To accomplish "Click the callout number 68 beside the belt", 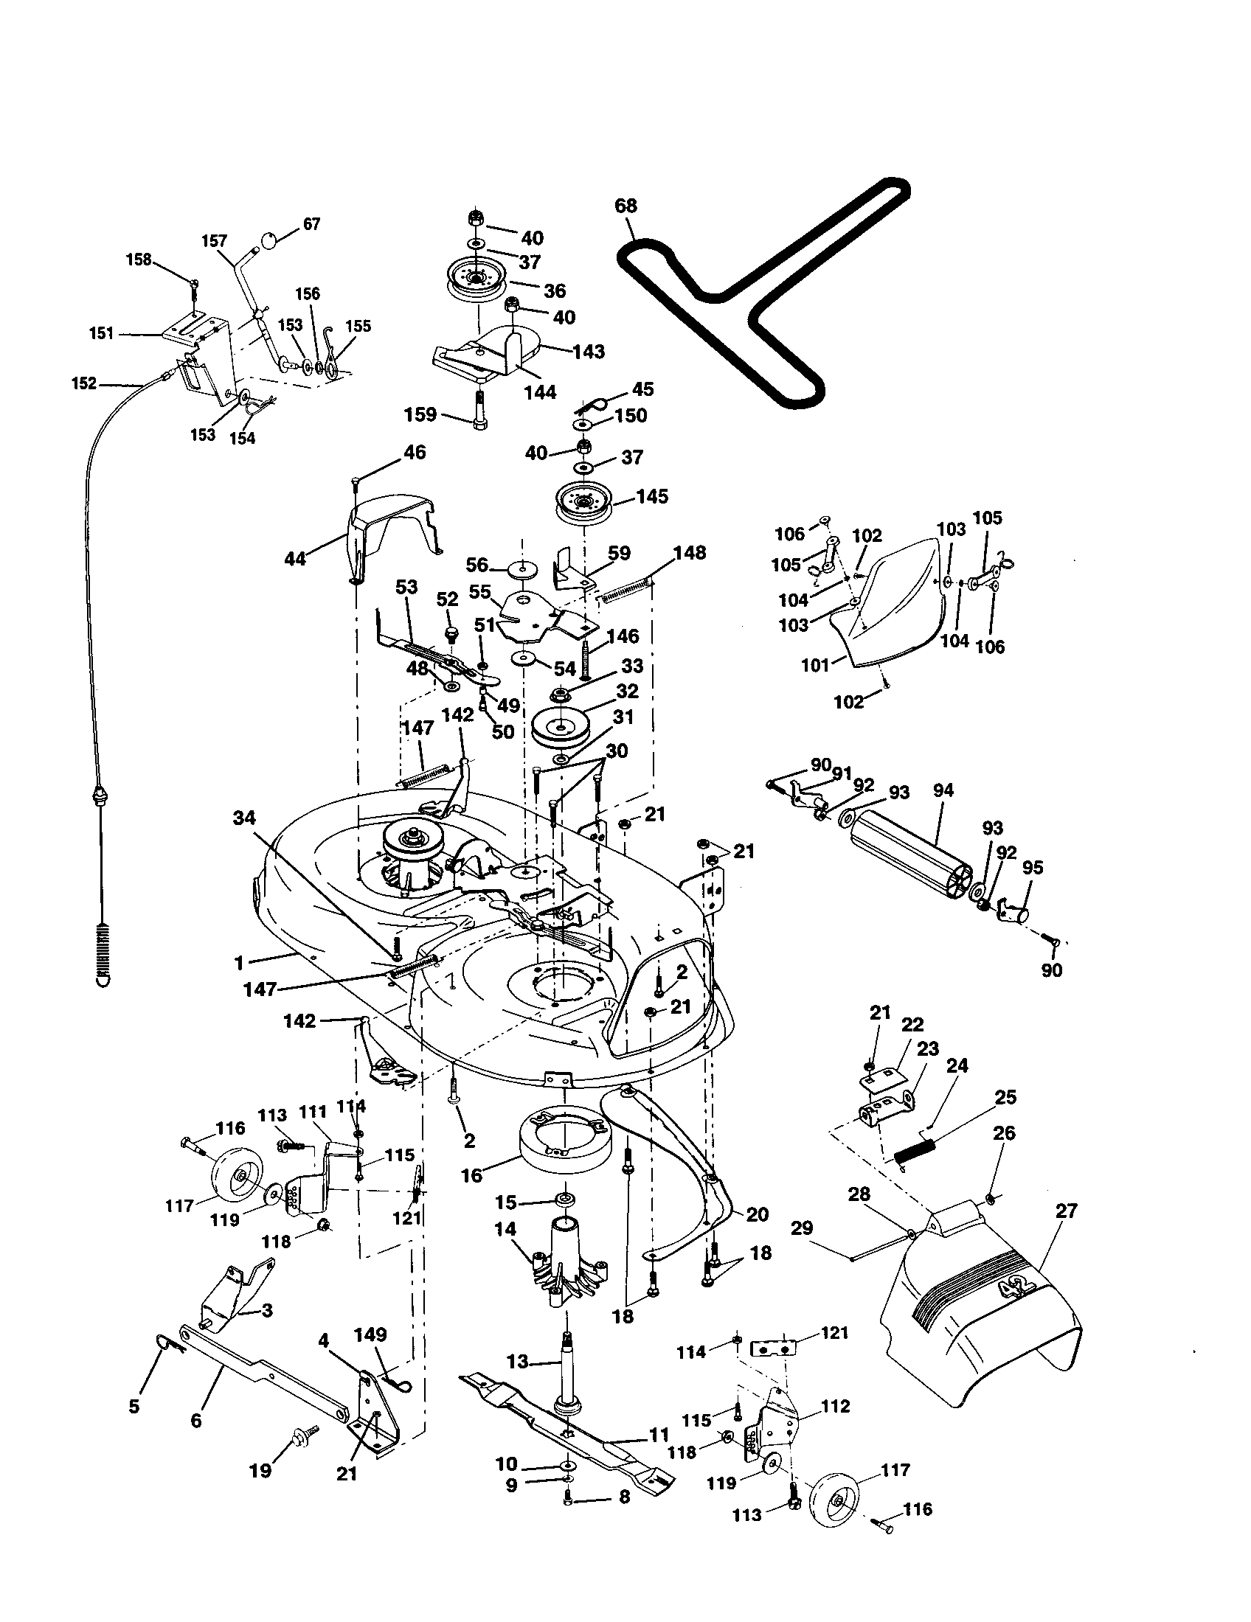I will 625,206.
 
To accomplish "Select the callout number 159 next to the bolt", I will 420,414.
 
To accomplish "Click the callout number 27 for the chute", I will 1066,1211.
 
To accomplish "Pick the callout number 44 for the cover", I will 295,559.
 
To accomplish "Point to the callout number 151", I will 102,333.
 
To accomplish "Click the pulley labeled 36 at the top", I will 477,285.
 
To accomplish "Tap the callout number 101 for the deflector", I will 815,666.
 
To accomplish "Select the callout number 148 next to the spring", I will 690,552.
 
